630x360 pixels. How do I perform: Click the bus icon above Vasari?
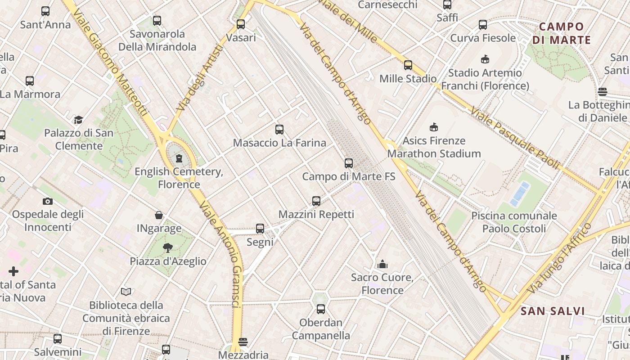pyautogui.click(x=241, y=24)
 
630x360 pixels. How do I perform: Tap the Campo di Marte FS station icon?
pyautogui.click(x=349, y=163)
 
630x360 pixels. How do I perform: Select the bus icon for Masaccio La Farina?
pyautogui.click(x=279, y=130)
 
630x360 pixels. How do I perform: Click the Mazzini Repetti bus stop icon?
pyautogui.click(x=316, y=201)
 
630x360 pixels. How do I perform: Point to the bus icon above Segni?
pyautogui.click(x=260, y=229)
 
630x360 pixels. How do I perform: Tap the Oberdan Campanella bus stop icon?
pyautogui.click(x=321, y=309)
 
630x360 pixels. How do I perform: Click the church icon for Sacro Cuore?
pyautogui.click(x=382, y=264)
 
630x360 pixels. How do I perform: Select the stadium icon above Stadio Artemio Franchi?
pyautogui.click(x=485, y=59)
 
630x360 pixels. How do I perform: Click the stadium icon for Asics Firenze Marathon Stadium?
pyautogui.click(x=434, y=127)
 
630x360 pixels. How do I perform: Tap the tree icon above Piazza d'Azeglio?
pyautogui.click(x=168, y=247)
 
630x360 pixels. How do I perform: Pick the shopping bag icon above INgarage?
pyautogui.click(x=159, y=215)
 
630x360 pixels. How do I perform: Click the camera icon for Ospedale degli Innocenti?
pyautogui.click(x=48, y=201)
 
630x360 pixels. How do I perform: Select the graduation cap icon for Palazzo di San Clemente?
pyautogui.click(x=79, y=120)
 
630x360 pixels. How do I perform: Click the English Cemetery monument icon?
pyautogui.click(x=179, y=158)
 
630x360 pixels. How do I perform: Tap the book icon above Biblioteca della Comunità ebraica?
pyautogui.click(x=126, y=292)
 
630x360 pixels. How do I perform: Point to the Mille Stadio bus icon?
pyautogui.click(x=408, y=65)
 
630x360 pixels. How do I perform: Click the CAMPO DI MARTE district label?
pyautogui.click(x=561, y=33)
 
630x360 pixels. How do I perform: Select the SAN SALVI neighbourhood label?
pyautogui.click(x=553, y=311)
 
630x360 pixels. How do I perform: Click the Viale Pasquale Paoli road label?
pyautogui.click(x=515, y=138)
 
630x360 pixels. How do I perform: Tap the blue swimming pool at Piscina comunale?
pyautogui.click(x=520, y=193)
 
